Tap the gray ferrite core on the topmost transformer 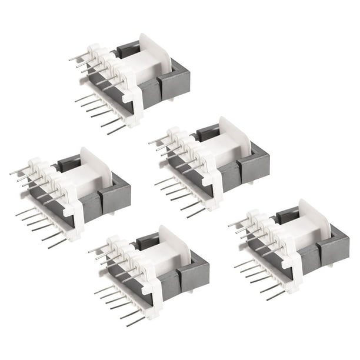[x=174, y=86]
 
